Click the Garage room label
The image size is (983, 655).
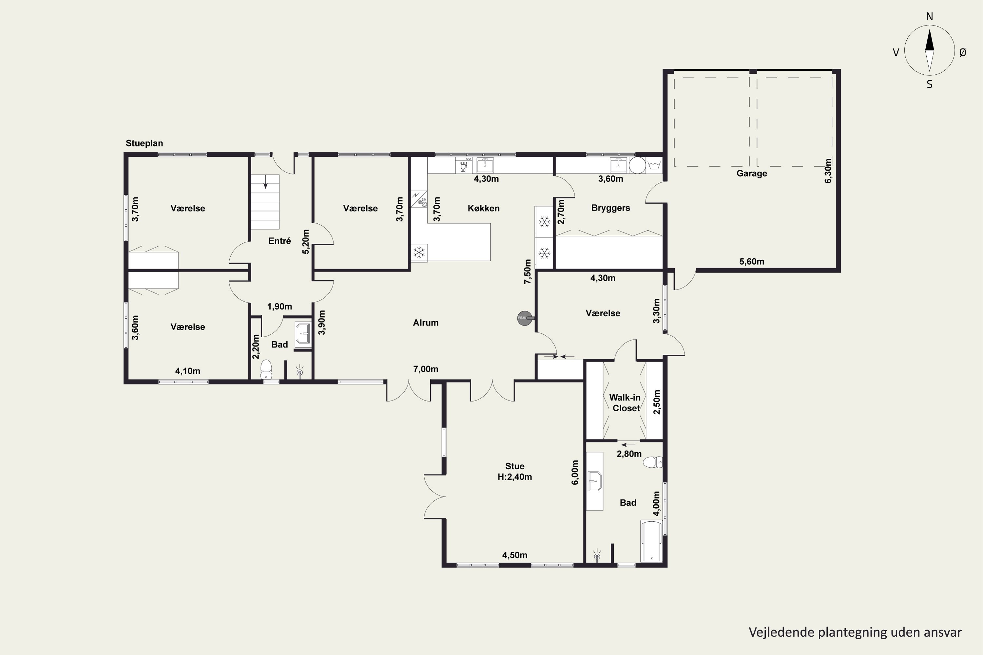click(x=751, y=173)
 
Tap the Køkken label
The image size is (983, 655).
click(x=484, y=208)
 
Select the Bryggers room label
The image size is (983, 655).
click(x=611, y=208)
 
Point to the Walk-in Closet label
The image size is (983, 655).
click(x=625, y=403)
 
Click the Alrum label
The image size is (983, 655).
click(x=425, y=323)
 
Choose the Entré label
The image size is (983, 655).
click(x=279, y=241)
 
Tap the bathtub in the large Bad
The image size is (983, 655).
click(x=651, y=541)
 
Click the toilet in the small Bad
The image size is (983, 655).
click(x=266, y=370)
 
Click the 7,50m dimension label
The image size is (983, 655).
click(x=528, y=271)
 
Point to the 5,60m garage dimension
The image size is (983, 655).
click(x=751, y=261)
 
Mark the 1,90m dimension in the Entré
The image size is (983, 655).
click(x=279, y=307)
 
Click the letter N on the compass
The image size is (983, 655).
click(x=930, y=16)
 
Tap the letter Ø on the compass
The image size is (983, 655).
click(x=963, y=52)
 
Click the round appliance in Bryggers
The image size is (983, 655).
click(x=637, y=165)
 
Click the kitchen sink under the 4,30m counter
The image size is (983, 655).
click(x=485, y=165)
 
